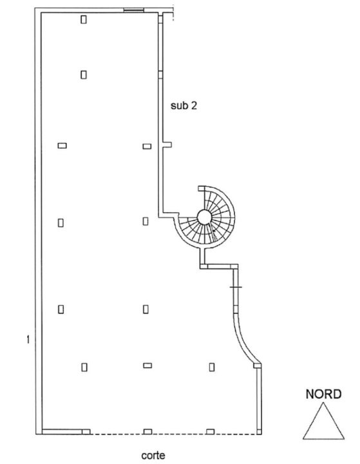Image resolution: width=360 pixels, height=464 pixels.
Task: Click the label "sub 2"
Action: pyautogui.click(x=184, y=105)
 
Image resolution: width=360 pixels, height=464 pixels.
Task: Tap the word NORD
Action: pyautogui.click(x=323, y=394)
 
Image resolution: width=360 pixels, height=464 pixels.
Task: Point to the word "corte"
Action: pyautogui.click(x=153, y=455)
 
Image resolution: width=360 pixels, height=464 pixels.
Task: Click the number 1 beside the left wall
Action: pyautogui.click(x=28, y=340)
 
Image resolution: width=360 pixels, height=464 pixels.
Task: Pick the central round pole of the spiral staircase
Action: pyautogui.click(x=204, y=217)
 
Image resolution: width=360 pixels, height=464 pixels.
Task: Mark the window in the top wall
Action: pyautogui.click(x=134, y=10)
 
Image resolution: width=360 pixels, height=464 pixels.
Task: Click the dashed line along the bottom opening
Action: pyautogui.click(x=173, y=434)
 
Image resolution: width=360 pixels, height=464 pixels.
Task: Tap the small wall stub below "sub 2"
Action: pyautogui.click(x=167, y=145)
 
